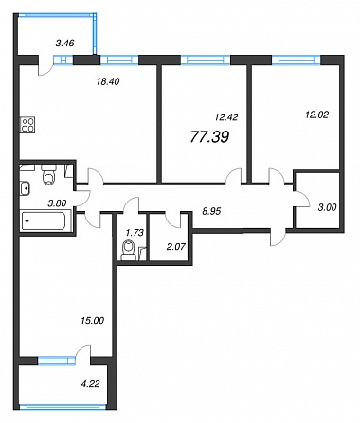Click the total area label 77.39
click(x=210, y=137)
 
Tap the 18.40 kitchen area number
click(x=108, y=81)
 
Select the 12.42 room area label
click(x=226, y=117)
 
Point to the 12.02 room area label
click(x=316, y=115)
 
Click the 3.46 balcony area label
click(x=64, y=43)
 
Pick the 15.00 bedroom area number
click(x=92, y=321)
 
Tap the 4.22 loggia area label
click(x=91, y=384)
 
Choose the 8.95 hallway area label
click(x=211, y=211)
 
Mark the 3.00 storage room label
click(x=328, y=207)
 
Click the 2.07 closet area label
click(x=176, y=247)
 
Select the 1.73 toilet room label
click(x=135, y=233)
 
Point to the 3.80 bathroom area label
click(x=57, y=203)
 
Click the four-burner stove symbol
click(x=27, y=124)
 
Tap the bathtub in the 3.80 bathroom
click(x=44, y=220)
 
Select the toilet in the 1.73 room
click(x=128, y=250)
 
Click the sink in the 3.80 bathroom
click(x=26, y=188)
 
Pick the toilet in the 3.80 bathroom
click(x=49, y=174)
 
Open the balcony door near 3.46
click(x=45, y=67)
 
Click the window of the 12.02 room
click(x=297, y=60)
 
